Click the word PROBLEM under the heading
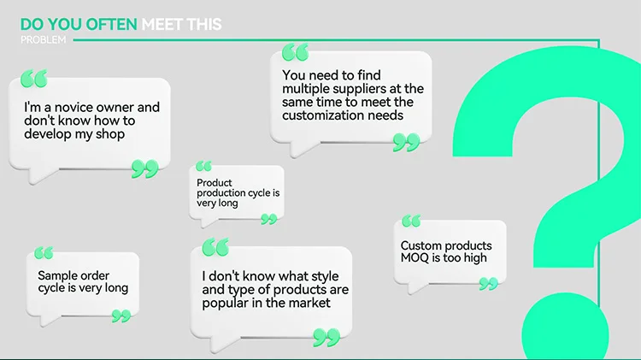point(43,39)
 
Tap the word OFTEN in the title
point(112,24)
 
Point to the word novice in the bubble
point(74,107)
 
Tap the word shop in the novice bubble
point(110,134)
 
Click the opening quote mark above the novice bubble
point(34,78)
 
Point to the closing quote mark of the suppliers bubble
point(406,142)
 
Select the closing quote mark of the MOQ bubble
point(489,284)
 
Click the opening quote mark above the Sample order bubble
point(44,253)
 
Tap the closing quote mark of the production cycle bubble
point(269,219)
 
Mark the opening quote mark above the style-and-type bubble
point(215,247)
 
